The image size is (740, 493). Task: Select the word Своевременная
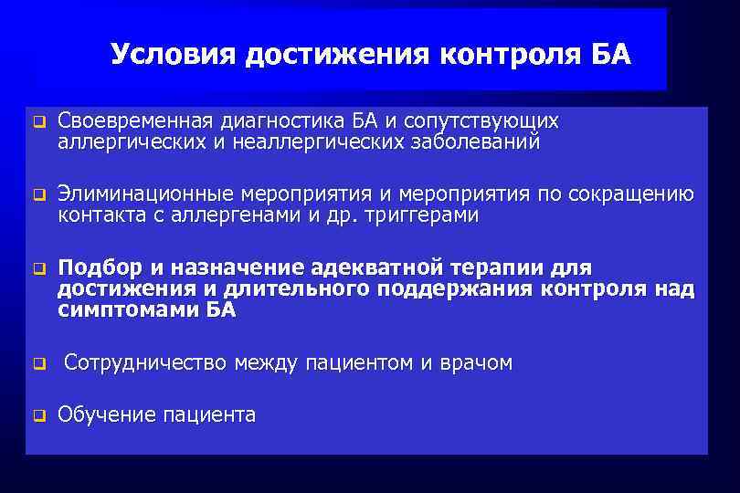coord(134,121)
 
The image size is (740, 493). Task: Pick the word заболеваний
coord(474,142)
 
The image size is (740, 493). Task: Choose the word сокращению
coord(631,194)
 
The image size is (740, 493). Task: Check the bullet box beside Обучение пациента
coord(38,417)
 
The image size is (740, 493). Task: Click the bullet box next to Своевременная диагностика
coord(38,122)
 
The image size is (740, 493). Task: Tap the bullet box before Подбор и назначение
coord(38,269)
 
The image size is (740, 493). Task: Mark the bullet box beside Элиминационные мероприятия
coord(38,195)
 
